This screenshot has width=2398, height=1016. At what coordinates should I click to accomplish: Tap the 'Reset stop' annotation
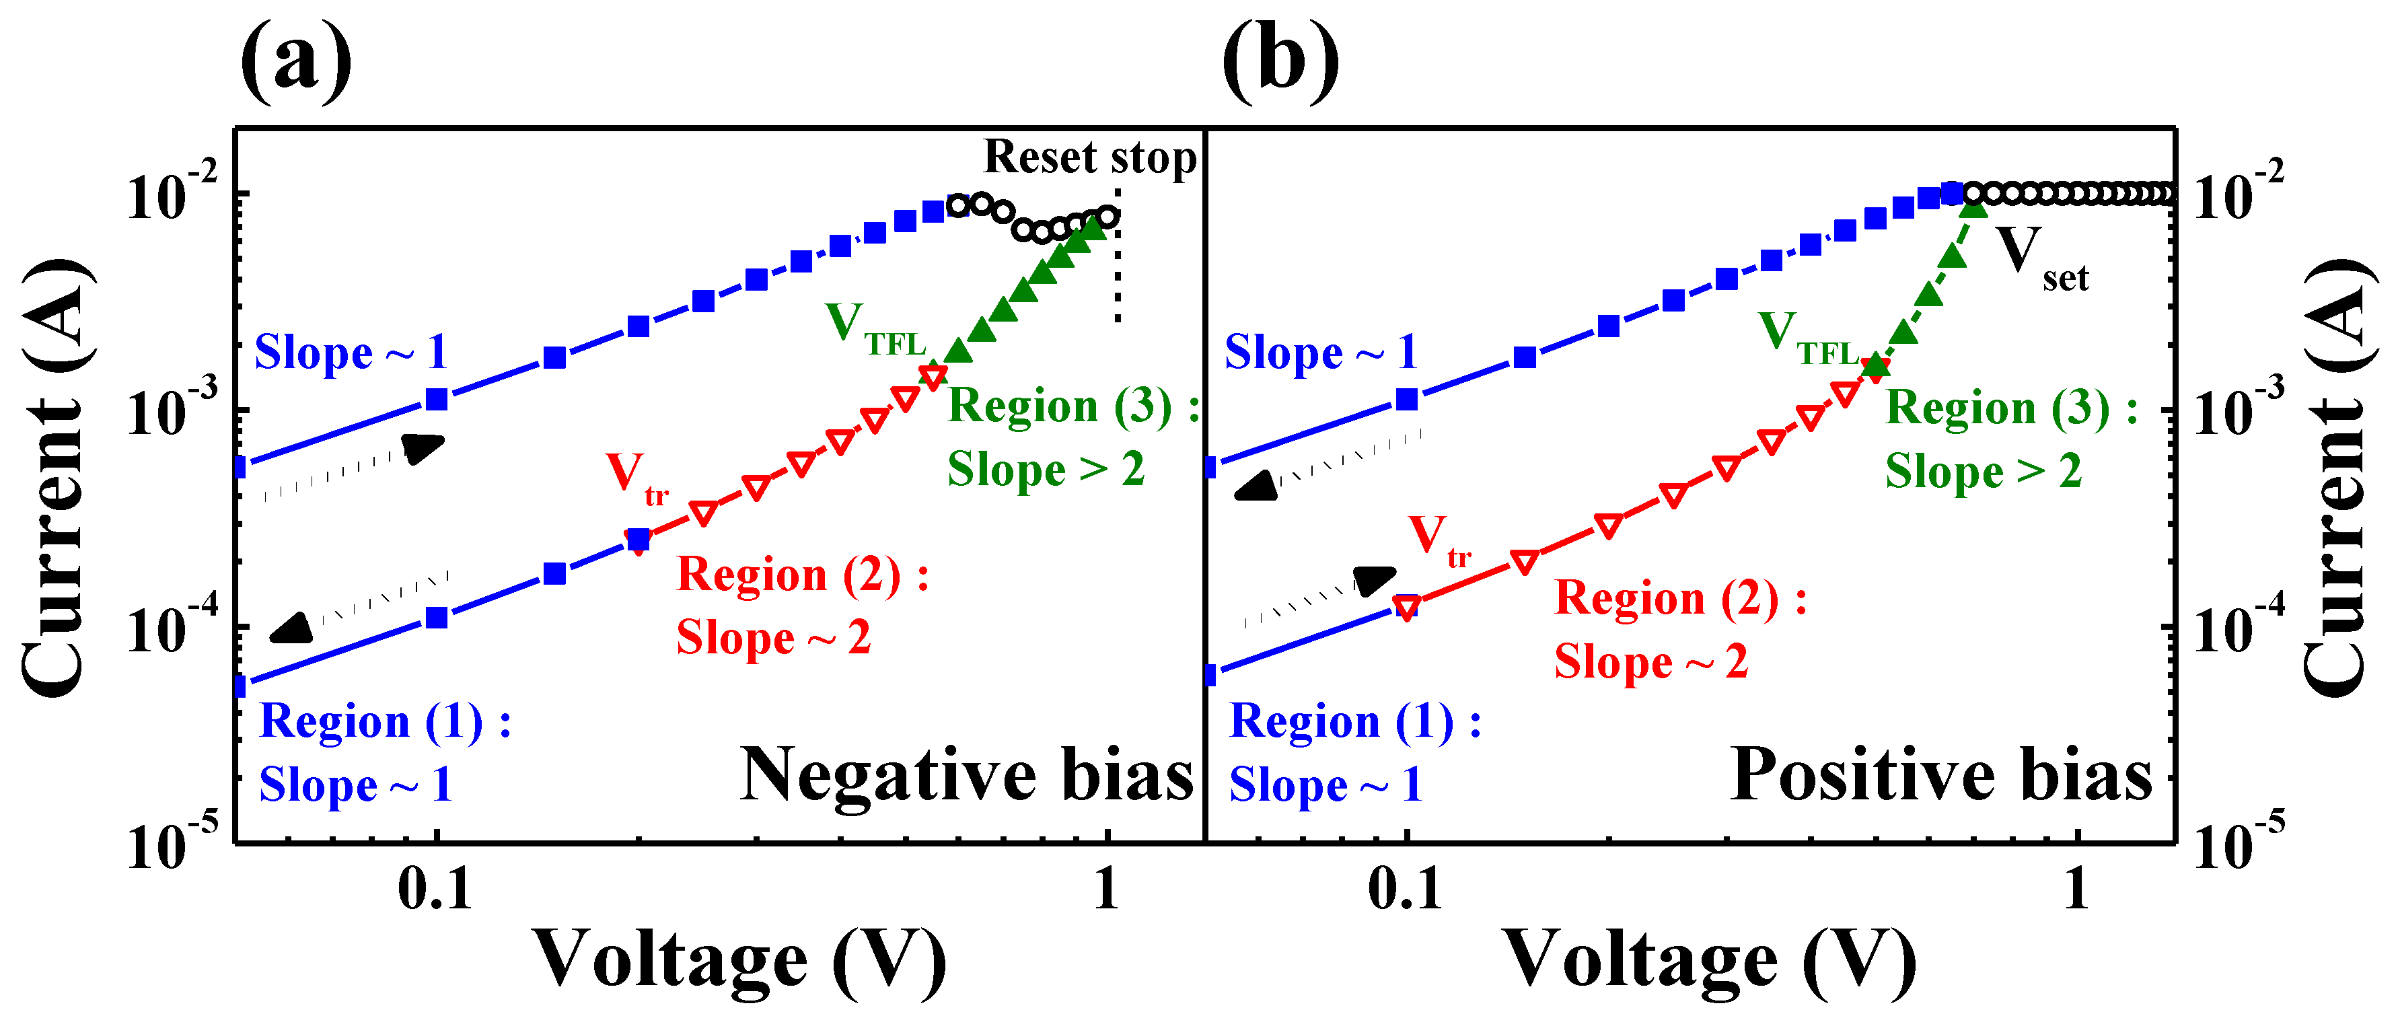tap(1089, 157)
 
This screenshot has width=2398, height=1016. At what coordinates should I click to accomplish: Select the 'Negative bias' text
tap(966, 775)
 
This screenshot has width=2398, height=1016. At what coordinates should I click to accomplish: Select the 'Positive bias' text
tap(1941, 775)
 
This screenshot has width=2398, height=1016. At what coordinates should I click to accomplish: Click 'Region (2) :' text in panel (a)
tap(803, 574)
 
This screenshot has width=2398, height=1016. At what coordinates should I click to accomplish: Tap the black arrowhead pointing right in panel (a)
tap(424, 448)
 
